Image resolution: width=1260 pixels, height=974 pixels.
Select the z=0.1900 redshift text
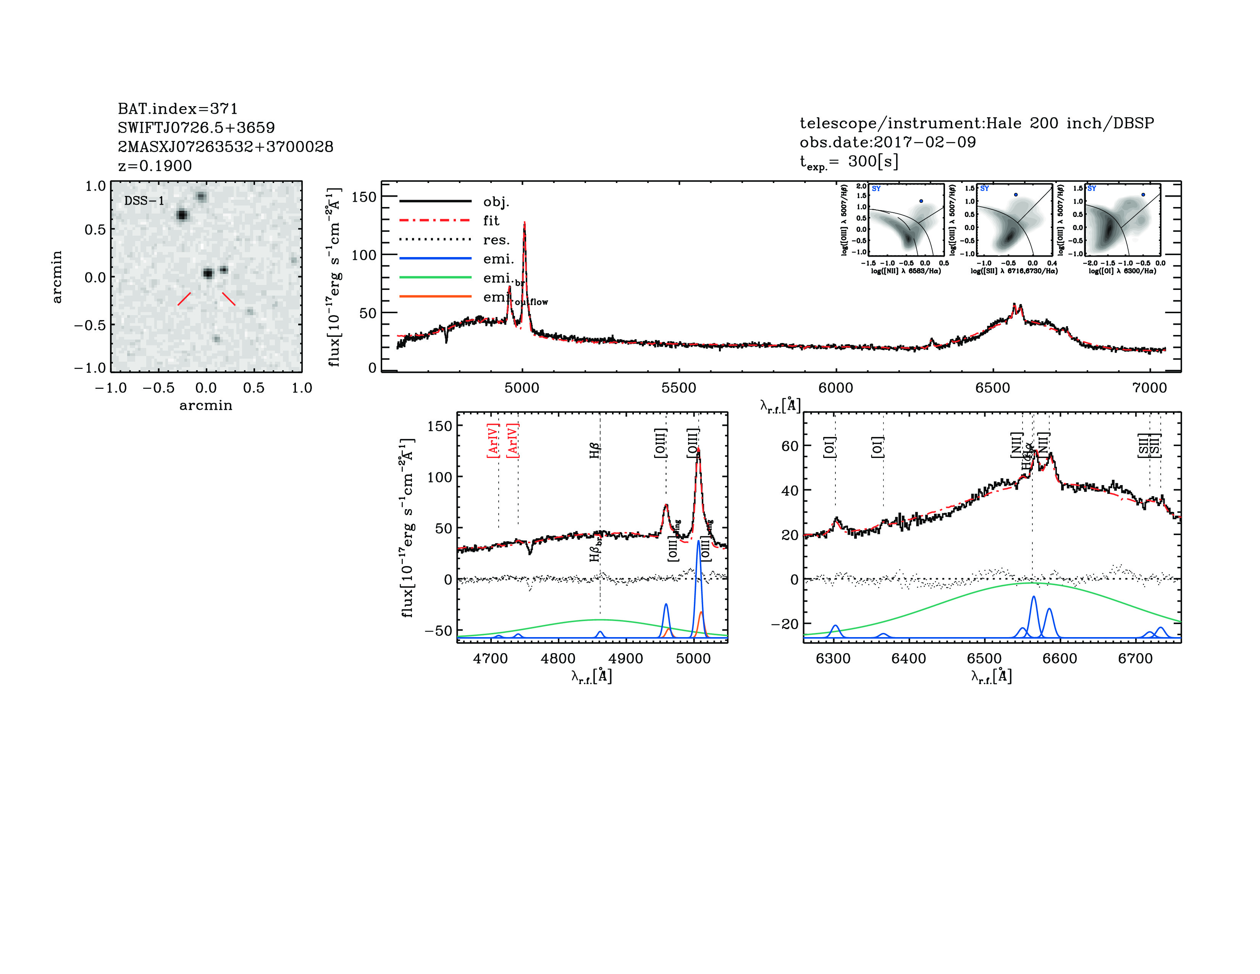(x=155, y=166)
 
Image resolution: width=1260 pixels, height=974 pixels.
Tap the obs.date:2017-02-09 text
(x=887, y=142)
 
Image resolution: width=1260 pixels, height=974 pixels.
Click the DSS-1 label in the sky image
(x=144, y=201)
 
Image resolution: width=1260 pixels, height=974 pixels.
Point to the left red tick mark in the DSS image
(x=184, y=298)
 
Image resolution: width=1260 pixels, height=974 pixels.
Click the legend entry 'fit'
(x=491, y=220)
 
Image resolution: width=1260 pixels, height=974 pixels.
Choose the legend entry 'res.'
(x=496, y=239)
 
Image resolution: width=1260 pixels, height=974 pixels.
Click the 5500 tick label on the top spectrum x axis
(x=678, y=388)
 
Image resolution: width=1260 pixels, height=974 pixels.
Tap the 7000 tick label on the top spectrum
(x=1149, y=388)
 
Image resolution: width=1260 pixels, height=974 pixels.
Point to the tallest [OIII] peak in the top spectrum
(x=524, y=224)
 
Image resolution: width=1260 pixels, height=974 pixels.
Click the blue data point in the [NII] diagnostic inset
(x=921, y=201)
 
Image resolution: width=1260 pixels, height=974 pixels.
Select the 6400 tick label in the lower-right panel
(x=909, y=659)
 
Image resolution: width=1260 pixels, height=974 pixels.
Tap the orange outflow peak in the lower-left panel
(x=701, y=613)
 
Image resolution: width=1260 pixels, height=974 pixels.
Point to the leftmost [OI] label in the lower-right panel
(x=829, y=447)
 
